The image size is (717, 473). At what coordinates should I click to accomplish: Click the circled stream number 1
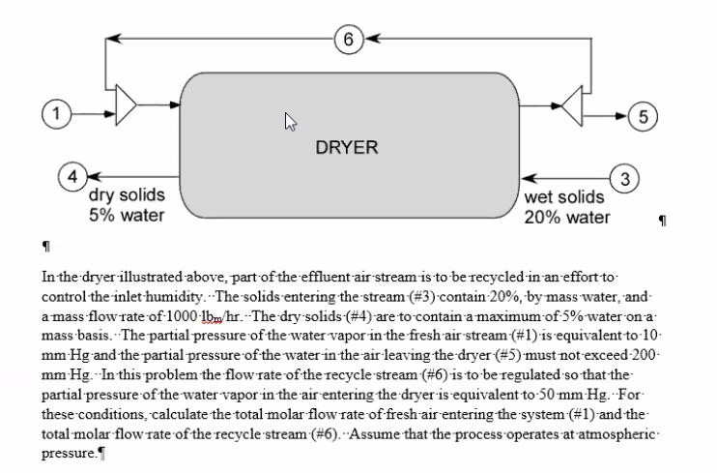[x=57, y=114]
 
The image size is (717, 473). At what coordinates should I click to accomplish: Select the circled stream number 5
[x=641, y=115]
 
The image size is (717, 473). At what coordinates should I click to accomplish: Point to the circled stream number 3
[x=625, y=178]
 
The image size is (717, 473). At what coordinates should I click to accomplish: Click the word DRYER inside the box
[x=347, y=148]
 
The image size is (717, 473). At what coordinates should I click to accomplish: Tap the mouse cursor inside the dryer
[x=289, y=121]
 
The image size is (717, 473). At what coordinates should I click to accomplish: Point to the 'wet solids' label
[x=566, y=196]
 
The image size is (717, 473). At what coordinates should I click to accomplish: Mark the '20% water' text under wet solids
[x=567, y=217]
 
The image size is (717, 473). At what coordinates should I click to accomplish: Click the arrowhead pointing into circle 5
[x=619, y=115]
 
